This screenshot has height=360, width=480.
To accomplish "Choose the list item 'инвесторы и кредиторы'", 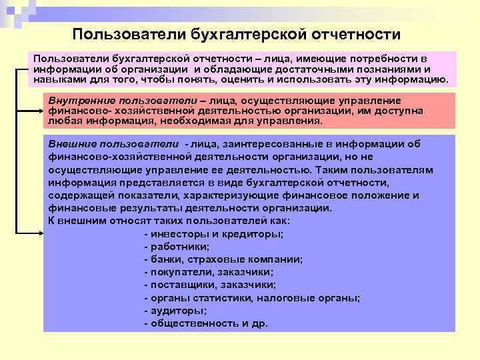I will click(x=213, y=234).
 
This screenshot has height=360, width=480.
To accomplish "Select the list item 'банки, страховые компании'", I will click(x=223, y=259).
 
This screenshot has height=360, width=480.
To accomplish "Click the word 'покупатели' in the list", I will click(x=176, y=272).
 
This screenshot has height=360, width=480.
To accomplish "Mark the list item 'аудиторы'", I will click(x=175, y=310).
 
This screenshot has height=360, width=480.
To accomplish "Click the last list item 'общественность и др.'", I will click(x=205, y=323).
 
